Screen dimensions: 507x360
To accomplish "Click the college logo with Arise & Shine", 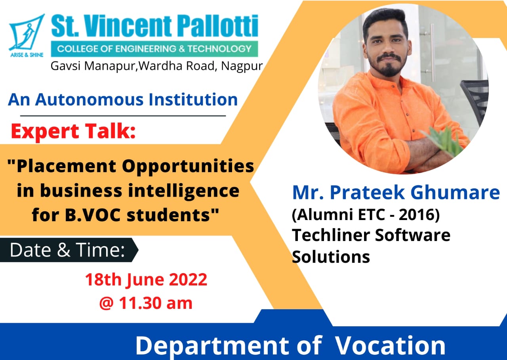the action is (27, 35).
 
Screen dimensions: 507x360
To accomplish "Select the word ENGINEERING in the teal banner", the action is (145, 49).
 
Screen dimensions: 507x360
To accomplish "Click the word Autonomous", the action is (89, 100).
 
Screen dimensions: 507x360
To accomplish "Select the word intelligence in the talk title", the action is (183, 191).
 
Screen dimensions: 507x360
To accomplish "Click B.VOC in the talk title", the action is (93, 215).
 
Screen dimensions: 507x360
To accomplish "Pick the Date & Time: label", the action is (67, 250).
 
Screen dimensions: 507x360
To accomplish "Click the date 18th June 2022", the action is (146, 280).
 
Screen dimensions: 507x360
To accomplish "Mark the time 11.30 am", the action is (156, 303).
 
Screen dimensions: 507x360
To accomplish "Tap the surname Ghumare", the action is (455, 192).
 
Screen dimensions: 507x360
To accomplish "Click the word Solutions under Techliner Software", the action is (331, 257).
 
